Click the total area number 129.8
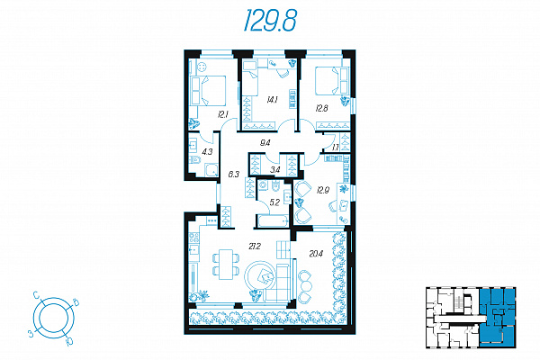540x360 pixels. click(270, 21)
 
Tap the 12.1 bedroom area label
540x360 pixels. click(223, 114)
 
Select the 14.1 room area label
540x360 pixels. click(272, 100)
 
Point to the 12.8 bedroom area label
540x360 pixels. click(321, 109)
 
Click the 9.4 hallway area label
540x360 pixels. click(265, 143)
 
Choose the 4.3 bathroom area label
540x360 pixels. click(207, 151)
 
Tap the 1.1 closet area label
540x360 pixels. click(336, 148)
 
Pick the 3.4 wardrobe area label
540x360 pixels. click(274, 169)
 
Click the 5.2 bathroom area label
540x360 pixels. click(274, 202)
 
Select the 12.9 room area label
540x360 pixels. click(323, 190)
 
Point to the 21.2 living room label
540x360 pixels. click(255, 247)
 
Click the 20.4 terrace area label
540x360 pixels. click(316, 254)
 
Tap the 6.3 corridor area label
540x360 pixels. click(233, 175)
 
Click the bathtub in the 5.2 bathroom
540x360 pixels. click(273, 221)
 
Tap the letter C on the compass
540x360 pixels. click(37, 294)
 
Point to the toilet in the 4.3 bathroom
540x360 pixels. click(195, 160)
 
